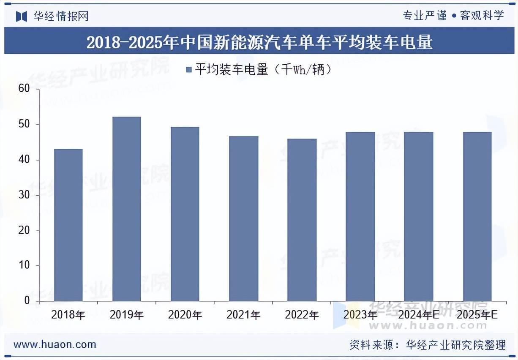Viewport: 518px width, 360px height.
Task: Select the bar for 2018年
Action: click(68, 225)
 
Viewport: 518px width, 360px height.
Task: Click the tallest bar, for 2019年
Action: click(127, 209)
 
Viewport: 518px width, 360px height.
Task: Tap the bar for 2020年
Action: click(185, 214)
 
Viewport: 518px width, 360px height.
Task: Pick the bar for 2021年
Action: click(244, 218)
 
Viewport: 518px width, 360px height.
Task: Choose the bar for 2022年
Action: click(302, 220)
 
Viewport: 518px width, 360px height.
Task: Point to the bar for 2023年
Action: click(360, 216)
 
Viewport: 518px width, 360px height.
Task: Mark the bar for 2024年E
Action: click(419, 216)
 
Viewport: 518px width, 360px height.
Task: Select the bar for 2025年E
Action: click(477, 216)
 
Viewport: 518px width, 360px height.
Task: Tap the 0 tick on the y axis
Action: click(27, 301)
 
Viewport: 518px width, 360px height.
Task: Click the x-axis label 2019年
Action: click(127, 315)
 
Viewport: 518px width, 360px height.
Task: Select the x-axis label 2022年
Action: click(302, 315)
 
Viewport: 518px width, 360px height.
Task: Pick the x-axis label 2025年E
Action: click(477, 315)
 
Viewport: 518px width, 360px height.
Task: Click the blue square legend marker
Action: click(189, 69)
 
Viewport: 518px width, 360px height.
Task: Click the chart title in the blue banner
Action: click(259, 42)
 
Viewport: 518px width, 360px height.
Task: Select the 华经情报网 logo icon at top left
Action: click(21, 16)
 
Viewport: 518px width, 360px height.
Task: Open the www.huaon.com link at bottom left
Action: click(55, 344)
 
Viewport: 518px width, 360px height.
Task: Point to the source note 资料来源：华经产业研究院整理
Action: click(428, 345)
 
